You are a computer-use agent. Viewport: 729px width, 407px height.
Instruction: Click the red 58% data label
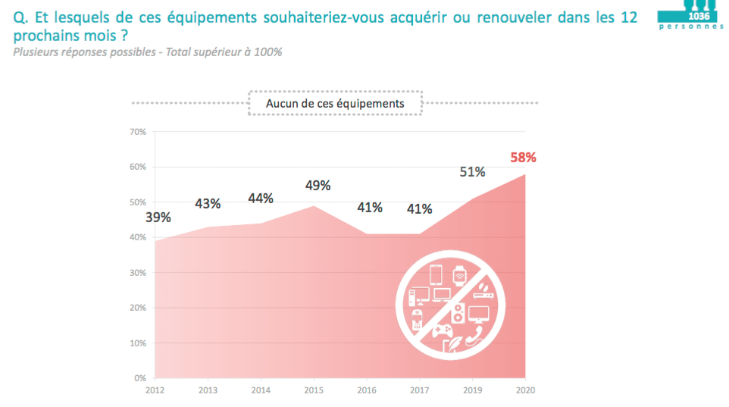[x=523, y=158]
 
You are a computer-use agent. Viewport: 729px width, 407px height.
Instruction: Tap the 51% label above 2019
[x=472, y=172]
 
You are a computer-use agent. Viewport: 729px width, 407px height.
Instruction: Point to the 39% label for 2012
[x=158, y=218]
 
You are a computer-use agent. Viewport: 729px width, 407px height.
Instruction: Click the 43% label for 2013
[x=208, y=203]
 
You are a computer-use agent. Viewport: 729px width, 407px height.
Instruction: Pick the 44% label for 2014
[x=261, y=199]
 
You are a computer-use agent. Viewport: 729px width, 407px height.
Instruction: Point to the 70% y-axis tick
[x=138, y=132]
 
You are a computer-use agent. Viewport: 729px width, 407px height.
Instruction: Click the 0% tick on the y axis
[x=140, y=377]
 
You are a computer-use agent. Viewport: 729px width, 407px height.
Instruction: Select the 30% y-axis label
[x=138, y=272]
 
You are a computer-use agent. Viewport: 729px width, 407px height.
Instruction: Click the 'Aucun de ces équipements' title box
[x=335, y=103]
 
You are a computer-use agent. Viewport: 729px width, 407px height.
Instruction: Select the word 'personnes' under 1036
[x=691, y=27]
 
